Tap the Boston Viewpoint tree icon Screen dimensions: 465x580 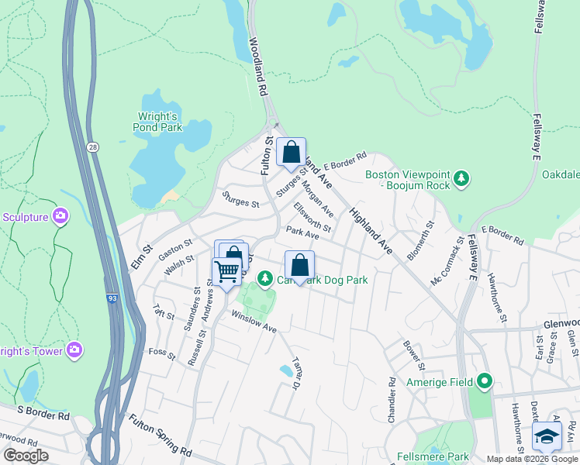coord(461,179)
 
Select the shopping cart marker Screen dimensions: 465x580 coord(226,272)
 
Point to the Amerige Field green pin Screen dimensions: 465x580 coord(485,381)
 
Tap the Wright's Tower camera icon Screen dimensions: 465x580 coord(74,350)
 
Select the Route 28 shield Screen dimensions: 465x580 coord(92,146)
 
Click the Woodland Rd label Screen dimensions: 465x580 coord(258,67)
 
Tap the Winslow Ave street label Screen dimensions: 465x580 coord(254,322)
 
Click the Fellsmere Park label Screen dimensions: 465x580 coord(433,456)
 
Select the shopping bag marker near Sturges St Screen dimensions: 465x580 coord(291,153)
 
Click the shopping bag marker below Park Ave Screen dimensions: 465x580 coord(299,266)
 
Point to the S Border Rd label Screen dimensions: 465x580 coord(43,416)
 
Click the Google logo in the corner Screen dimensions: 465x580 coord(26,456)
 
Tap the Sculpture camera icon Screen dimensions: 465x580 coord(60,216)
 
